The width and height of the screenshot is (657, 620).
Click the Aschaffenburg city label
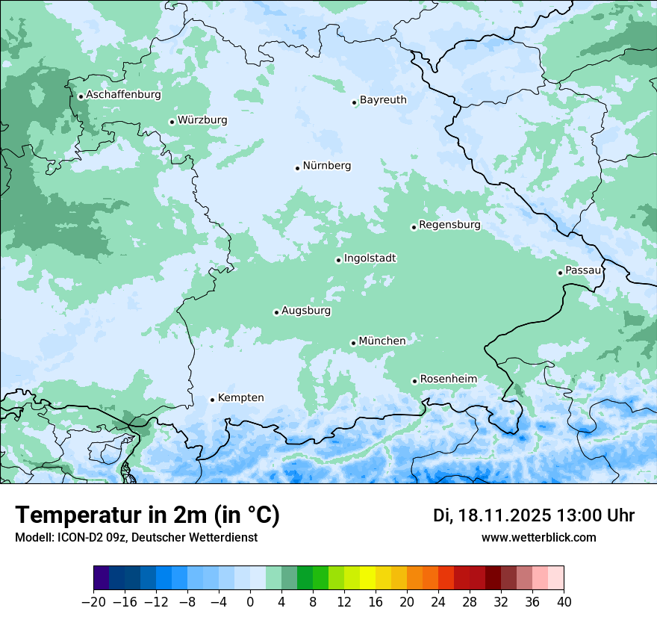(123, 95)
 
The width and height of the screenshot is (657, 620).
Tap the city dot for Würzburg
(172, 122)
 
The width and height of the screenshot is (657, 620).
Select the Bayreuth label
(383, 99)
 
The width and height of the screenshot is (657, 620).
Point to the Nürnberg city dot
(297, 168)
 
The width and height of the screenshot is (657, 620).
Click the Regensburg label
(449, 224)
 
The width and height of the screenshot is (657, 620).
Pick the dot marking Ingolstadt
(338, 261)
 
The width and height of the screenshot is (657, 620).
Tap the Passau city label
(583, 270)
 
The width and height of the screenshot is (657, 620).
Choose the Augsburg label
(306, 310)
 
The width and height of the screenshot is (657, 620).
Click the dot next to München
(353, 344)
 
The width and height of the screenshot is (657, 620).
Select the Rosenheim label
(448, 379)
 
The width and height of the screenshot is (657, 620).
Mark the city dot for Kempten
(212, 400)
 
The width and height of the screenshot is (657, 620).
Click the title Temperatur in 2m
(147, 515)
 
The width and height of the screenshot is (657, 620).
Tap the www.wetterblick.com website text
(538, 537)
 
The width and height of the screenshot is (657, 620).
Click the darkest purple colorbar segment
(101, 578)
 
